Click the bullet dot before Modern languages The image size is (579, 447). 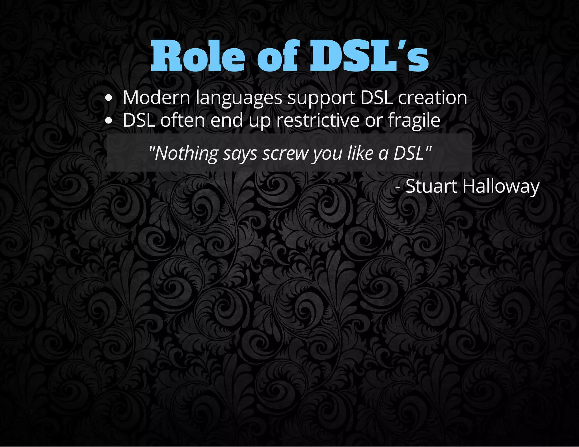click(108, 98)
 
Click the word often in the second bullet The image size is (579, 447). click(183, 120)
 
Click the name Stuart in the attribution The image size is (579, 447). click(431, 186)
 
